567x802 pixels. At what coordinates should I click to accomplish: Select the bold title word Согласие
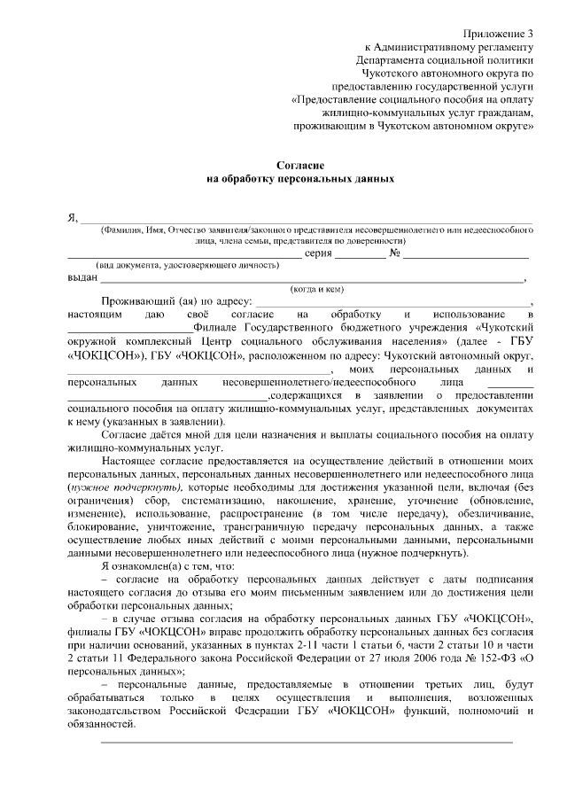(299, 165)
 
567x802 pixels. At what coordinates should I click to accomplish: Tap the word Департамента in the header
(392, 60)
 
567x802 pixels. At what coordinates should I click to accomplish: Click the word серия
(319, 254)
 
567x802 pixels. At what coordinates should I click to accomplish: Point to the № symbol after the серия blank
(395, 254)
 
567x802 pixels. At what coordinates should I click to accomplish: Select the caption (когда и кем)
(316, 289)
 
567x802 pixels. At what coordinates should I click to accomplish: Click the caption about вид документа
(167, 266)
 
